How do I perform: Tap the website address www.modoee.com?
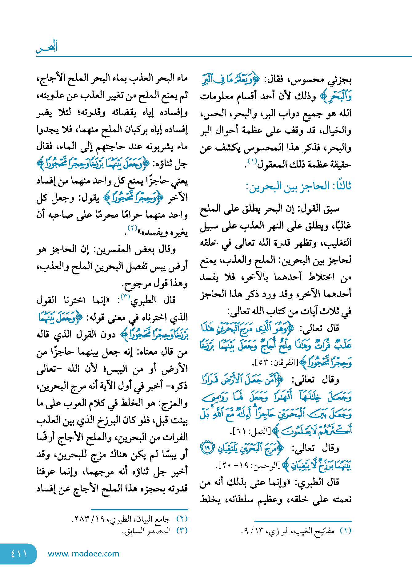tap(83, 554)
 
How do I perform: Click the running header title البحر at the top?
tap(47, 46)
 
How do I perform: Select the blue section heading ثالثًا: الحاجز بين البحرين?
tap(298, 186)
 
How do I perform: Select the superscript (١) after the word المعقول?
tap(252, 161)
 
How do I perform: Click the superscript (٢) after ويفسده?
tap(132, 228)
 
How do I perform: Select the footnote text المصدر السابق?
tap(148, 531)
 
